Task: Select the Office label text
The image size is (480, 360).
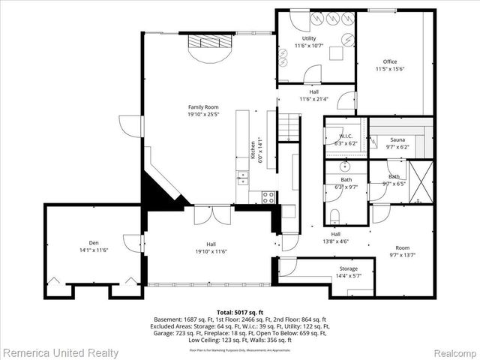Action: (x=389, y=61)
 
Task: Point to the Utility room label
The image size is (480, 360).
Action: (x=309, y=38)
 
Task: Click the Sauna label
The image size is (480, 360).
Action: (x=397, y=139)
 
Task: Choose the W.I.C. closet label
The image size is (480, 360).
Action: (x=335, y=136)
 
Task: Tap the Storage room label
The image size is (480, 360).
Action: (x=348, y=268)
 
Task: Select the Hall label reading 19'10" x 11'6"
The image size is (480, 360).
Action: (x=212, y=247)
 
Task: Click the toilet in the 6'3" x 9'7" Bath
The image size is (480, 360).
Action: (x=335, y=217)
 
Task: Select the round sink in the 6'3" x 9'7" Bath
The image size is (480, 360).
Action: (x=346, y=166)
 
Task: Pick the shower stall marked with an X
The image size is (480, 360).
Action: (x=421, y=182)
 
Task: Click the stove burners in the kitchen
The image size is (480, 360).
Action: (x=267, y=196)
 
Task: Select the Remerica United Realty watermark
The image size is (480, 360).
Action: (x=60, y=352)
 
